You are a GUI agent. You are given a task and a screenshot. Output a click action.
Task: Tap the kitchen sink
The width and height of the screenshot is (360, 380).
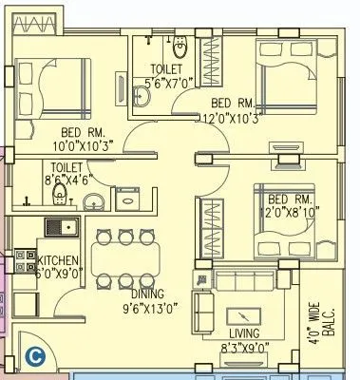62,228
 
